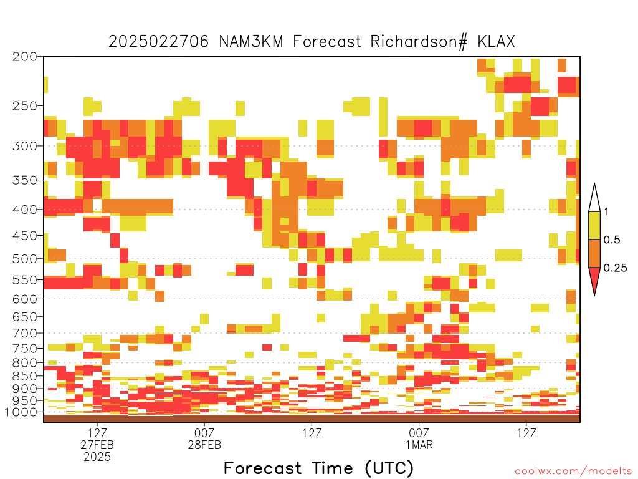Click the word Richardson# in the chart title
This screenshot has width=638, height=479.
[x=419, y=42]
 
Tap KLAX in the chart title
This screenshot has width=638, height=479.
[x=496, y=42]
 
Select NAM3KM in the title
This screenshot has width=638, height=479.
[x=250, y=42]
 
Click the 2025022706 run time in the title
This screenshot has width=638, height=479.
[x=159, y=42]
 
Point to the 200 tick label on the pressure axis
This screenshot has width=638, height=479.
[x=25, y=57]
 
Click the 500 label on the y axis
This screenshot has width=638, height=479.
[x=25, y=259]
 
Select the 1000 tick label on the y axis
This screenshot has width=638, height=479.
[x=21, y=412]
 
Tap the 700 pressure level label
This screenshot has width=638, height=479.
[x=25, y=333]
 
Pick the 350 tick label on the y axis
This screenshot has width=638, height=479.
[x=25, y=180]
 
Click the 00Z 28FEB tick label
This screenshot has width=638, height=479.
[x=204, y=438]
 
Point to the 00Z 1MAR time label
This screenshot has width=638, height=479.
[x=419, y=438]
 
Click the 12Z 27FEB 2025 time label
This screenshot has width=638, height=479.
[x=97, y=444]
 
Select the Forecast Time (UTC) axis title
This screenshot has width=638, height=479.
[x=318, y=468]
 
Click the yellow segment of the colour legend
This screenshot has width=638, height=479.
[x=594, y=225]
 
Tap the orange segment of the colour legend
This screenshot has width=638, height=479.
[x=594, y=253]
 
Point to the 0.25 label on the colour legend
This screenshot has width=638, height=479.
[x=615, y=268]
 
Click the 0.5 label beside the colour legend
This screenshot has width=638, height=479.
[x=612, y=239]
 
